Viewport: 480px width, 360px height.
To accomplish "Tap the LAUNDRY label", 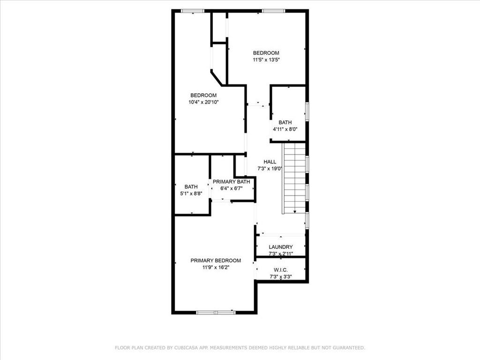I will [281, 247].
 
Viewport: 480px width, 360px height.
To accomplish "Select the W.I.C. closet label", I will [281, 270].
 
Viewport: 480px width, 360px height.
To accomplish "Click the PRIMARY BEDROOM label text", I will [216, 261].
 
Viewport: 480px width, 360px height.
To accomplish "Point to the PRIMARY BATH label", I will [232, 182].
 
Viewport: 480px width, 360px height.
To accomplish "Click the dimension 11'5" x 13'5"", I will [266, 60].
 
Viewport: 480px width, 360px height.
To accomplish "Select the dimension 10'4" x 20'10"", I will [203, 102].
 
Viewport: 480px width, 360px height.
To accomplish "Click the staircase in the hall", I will [294, 178].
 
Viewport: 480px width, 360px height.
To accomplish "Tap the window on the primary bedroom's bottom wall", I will [216, 312].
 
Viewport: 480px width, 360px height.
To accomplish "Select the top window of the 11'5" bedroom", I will [273, 11].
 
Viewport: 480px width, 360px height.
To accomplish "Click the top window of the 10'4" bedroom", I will [193, 11].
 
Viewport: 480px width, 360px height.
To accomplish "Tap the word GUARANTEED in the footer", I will [348, 348].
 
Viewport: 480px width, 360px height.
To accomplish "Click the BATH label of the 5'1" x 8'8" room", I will [191, 187].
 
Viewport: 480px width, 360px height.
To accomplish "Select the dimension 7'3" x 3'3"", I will [281, 276].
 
